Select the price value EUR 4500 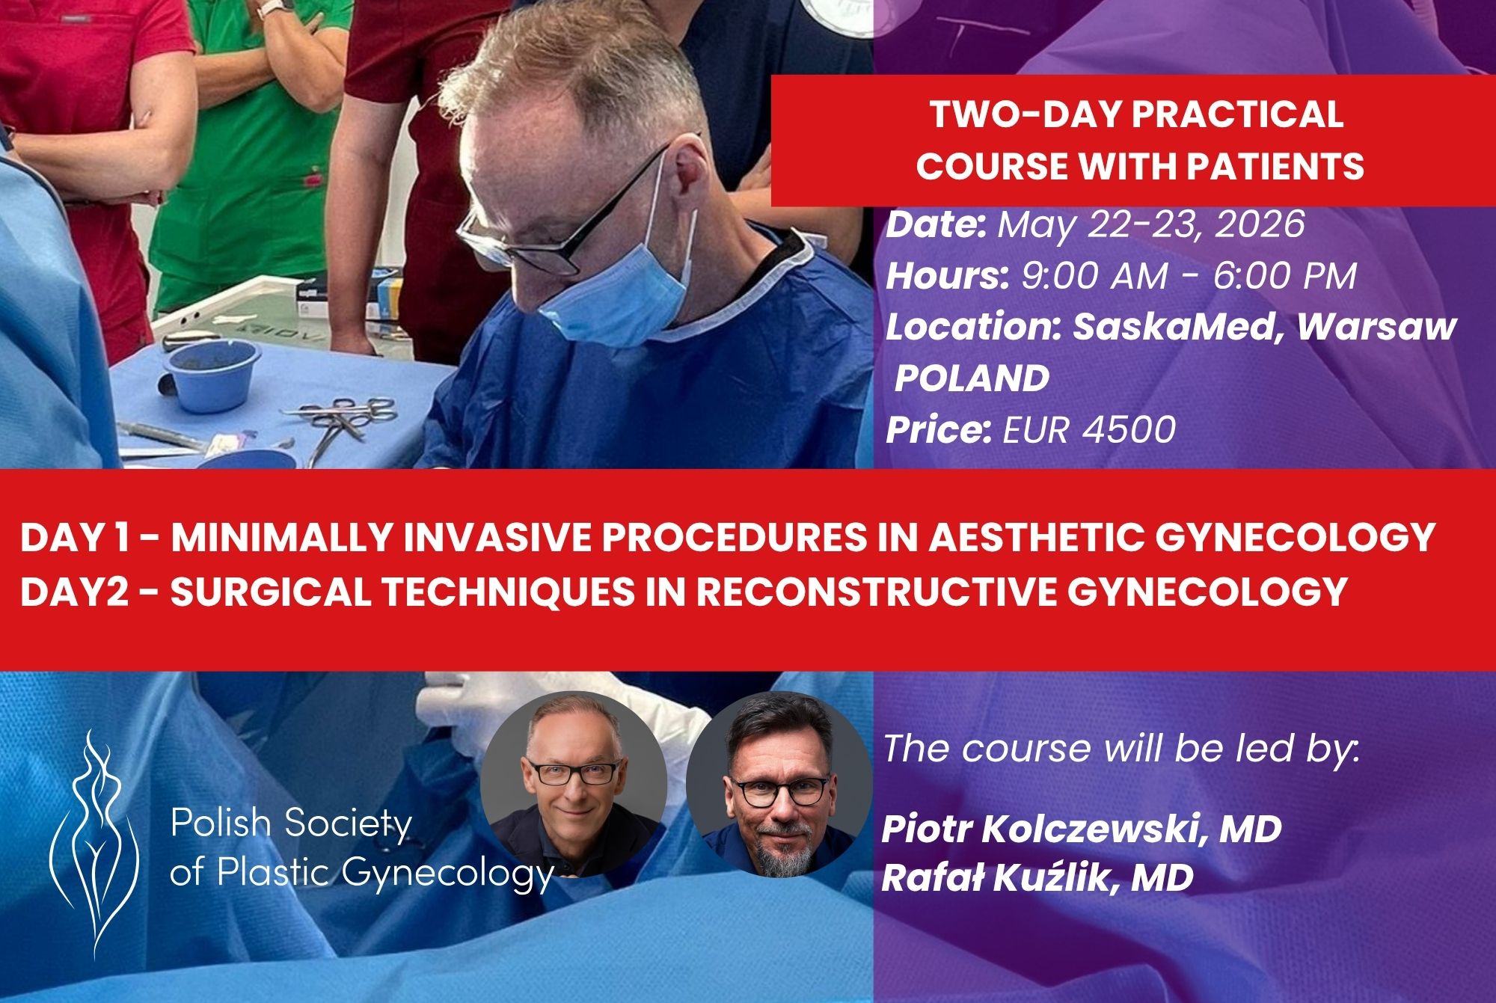(1089, 429)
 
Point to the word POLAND (972, 378)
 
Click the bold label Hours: (948, 276)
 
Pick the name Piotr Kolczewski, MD (1082, 829)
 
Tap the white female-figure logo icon (94, 845)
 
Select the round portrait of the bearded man (779, 784)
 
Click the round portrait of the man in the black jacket (574, 784)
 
